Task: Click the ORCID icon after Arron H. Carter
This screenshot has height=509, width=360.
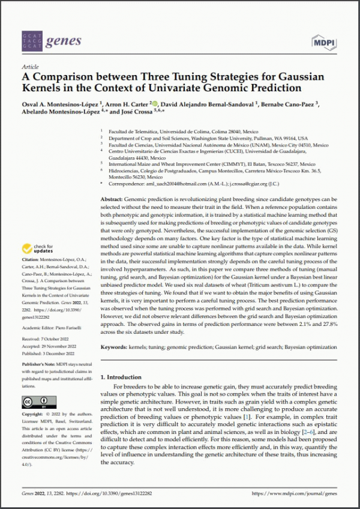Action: point(154,103)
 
